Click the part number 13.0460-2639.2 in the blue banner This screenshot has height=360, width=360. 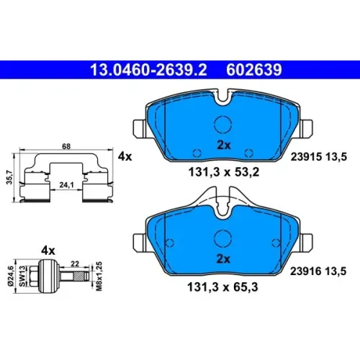tap(148, 70)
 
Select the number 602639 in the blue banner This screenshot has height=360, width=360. tap(254, 70)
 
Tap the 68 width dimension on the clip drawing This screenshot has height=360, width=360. tap(66, 146)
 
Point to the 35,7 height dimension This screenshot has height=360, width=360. tap(10, 177)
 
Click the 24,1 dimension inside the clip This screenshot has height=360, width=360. tap(66, 185)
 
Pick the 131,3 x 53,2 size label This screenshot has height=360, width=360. tap(224, 172)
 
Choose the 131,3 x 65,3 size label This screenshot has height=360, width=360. tap(222, 287)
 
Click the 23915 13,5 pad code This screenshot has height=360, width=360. tap(319, 157)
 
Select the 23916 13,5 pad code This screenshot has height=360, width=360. tap(318, 271)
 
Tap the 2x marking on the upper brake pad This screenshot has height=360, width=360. tap(223, 145)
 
